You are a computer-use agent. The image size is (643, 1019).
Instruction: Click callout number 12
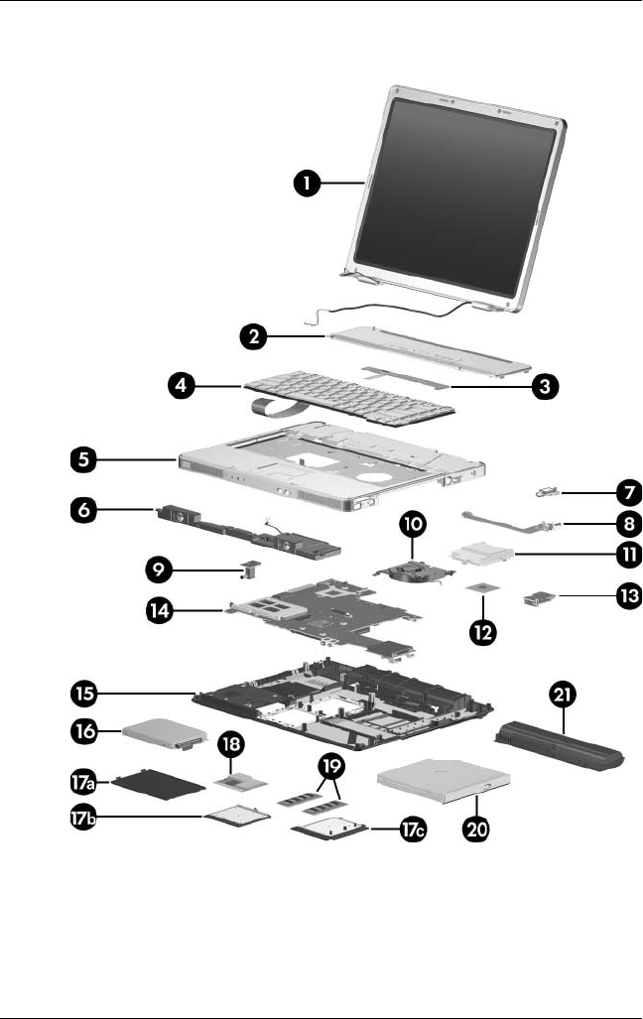point(484,633)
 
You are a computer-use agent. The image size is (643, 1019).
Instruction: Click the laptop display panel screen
point(456,193)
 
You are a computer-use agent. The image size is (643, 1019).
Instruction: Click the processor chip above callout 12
point(483,588)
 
